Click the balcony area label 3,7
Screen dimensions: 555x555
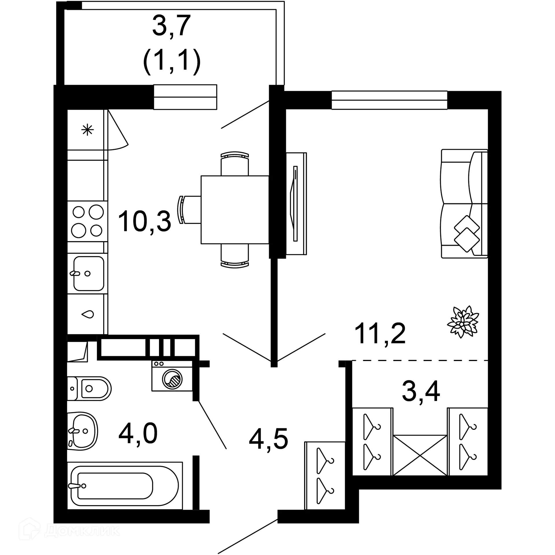pos(171,26)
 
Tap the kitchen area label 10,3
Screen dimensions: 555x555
pos(145,221)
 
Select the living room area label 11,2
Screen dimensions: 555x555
pos(380,334)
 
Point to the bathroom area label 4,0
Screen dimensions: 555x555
pos(138,434)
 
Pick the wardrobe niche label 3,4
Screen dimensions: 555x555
pos(421,392)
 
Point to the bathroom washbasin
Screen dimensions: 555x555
pos(82,431)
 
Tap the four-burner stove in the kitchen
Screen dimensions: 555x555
pos(88,221)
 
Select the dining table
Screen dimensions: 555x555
pos(235,210)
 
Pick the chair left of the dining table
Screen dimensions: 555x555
pos(189,210)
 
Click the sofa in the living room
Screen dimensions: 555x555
pos(464,203)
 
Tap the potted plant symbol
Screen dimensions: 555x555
pos(463,322)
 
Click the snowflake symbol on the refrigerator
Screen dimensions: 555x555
pos(87,130)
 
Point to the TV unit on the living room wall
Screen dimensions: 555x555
pos(296,203)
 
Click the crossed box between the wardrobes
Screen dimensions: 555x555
pos(420,455)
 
